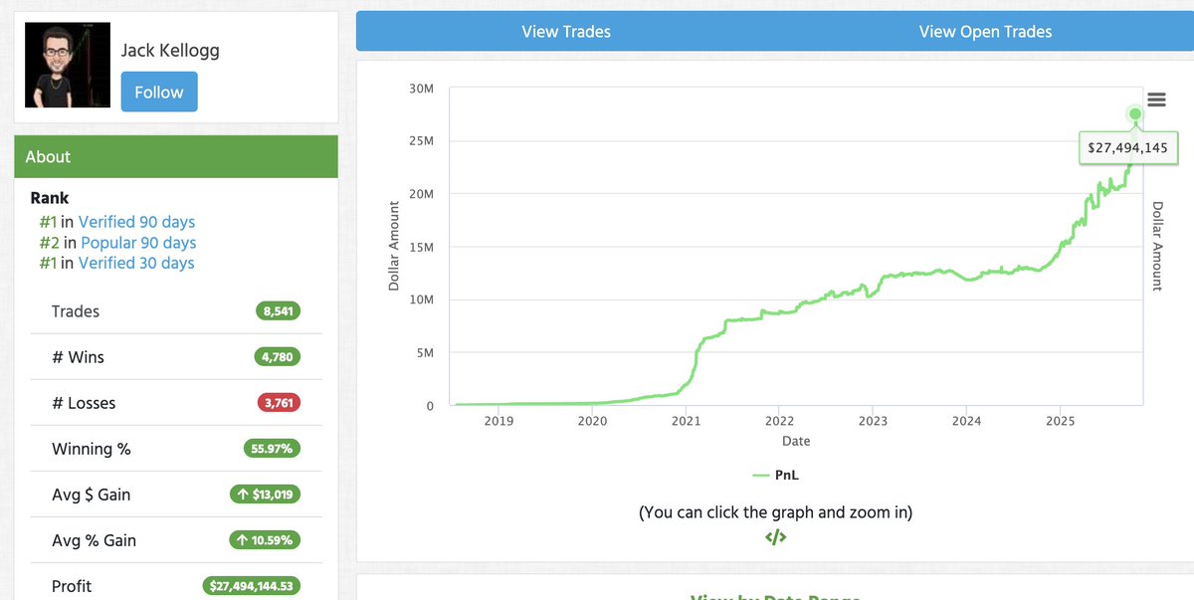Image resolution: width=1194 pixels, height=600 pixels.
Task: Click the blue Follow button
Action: tap(159, 92)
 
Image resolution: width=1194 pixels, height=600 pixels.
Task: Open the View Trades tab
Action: tap(566, 32)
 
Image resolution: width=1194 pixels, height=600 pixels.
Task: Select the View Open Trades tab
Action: tap(985, 32)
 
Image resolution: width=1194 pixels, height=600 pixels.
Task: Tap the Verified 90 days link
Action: tap(136, 222)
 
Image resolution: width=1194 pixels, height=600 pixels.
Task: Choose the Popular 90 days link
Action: tap(138, 243)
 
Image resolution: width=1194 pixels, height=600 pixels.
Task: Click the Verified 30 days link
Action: tap(136, 263)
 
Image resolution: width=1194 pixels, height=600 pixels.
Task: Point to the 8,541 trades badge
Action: tap(278, 311)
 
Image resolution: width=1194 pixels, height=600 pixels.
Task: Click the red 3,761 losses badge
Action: tap(279, 403)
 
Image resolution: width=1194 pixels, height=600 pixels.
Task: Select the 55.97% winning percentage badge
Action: tap(272, 449)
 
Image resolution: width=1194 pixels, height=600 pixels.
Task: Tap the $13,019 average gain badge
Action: tap(265, 495)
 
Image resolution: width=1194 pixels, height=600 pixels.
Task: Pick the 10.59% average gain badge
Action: tap(265, 540)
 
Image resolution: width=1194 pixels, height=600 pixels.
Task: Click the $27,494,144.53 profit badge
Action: tap(251, 586)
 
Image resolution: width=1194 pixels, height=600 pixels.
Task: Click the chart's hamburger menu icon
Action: tap(1156, 100)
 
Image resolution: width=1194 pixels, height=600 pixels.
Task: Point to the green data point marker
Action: tap(1135, 114)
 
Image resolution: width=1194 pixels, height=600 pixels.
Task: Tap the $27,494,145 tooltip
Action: tap(1128, 147)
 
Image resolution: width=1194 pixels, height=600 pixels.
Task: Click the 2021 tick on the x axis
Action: tap(686, 421)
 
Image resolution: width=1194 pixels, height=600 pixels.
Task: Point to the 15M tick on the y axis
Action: tap(422, 247)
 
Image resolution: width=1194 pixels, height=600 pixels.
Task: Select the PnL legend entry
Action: tap(775, 475)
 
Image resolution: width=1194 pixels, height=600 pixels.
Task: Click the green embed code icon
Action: tap(775, 536)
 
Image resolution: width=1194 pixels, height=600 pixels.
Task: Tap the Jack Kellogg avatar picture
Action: tap(68, 65)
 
